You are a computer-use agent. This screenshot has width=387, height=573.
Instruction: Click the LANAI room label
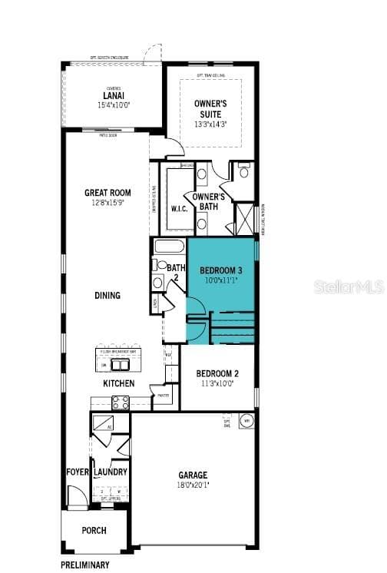(112, 95)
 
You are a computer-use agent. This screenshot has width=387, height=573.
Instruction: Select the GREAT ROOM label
(107, 193)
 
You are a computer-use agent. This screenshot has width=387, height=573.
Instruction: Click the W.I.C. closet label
(180, 209)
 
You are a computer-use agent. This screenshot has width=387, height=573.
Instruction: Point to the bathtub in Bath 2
(169, 247)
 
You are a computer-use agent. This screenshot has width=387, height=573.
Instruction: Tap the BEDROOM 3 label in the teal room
(221, 270)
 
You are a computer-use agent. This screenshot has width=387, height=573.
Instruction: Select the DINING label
(107, 295)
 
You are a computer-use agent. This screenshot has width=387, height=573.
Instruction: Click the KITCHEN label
(119, 383)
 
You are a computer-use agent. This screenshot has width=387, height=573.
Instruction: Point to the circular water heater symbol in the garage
(247, 421)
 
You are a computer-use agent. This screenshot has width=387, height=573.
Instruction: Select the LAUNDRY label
(111, 472)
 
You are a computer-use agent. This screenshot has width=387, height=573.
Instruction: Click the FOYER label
(78, 472)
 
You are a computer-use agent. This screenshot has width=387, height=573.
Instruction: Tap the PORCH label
(94, 531)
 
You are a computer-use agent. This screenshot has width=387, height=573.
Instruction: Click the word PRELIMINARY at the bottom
(85, 565)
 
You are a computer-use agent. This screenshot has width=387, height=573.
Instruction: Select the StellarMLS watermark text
(348, 286)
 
